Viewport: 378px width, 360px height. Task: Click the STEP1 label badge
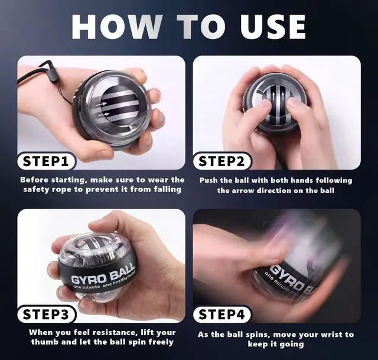click(x=46, y=161)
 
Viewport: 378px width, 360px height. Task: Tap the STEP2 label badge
click(x=222, y=161)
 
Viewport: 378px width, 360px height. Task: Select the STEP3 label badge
click(x=46, y=314)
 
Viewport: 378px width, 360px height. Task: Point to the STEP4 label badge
click(x=222, y=314)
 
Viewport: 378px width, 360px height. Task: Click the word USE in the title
click(x=273, y=27)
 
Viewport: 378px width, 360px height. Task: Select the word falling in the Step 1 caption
click(x=168, y=189)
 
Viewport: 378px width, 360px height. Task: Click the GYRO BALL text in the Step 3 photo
click(x=103, y=274)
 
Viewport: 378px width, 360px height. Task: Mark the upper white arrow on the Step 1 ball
click(x=101, y=104)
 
